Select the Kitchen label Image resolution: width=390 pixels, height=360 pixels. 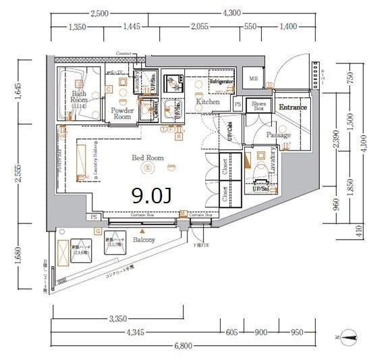click(208, 102)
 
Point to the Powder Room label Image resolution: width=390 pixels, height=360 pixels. click(122, 113)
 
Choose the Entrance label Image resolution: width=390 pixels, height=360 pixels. click(293, 107)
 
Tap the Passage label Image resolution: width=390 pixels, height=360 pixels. click(278, 135)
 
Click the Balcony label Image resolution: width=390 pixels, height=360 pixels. click(144, 240)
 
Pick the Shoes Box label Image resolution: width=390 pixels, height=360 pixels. click(258, 106)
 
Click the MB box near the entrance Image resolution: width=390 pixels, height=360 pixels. click(253, 78)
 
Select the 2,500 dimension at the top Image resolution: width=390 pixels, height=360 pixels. click(99, 13)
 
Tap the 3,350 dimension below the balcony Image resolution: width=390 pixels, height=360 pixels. click(117, 319)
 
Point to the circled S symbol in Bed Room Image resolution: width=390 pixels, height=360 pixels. click(151, 167)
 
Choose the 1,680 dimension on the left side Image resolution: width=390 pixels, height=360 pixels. click(20, 260)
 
